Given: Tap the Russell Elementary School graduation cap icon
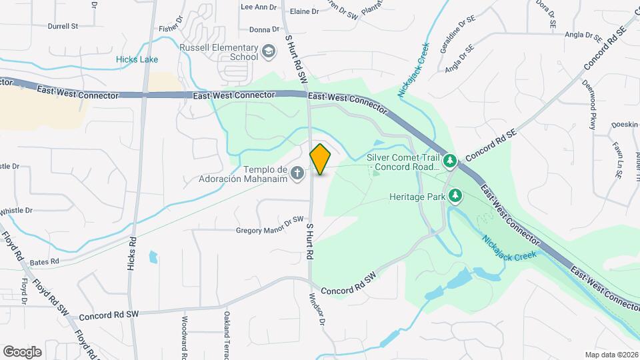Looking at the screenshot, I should [268, 51].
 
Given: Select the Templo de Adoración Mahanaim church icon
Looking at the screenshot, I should [298, 173].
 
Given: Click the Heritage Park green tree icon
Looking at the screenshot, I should [456, 196].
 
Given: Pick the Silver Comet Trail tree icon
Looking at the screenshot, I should [451, 161].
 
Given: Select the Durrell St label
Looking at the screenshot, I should [63, 27].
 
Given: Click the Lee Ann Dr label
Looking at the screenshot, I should [258, 7].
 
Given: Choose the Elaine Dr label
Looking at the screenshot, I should [304, 11].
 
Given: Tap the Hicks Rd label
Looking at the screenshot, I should [131, 254].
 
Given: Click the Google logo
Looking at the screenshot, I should [22, 351].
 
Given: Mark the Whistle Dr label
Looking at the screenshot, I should [16, 211].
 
